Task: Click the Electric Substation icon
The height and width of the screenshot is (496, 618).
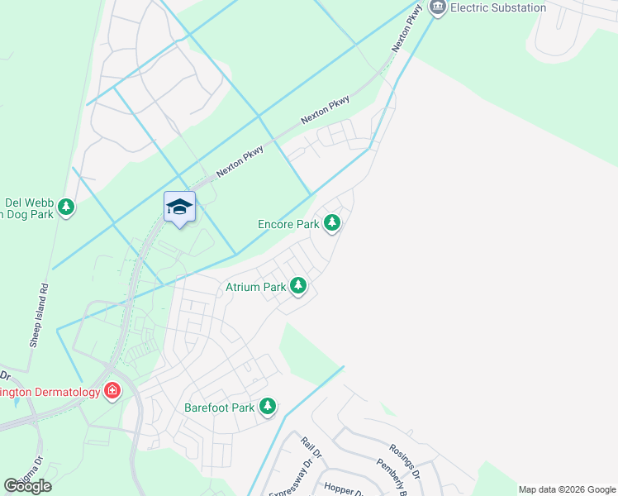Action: click(437, 7)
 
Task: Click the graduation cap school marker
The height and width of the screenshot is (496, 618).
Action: click(179, 207)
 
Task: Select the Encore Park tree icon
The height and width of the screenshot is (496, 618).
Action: click(332, 222)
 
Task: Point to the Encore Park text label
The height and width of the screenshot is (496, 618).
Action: click(288, 223)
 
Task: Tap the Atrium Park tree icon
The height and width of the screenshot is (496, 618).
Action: click(298, 287)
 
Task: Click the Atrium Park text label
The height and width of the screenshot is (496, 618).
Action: click(255, 288)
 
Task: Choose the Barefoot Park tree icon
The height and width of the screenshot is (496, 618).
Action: click(268, 407)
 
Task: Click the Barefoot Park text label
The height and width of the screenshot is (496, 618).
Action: click(219, 408)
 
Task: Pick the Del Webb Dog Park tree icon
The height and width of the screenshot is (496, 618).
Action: click(65, 207)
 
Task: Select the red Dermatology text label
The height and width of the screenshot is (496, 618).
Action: click(50, 392)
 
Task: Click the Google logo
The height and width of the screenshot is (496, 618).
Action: click(27, 486)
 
